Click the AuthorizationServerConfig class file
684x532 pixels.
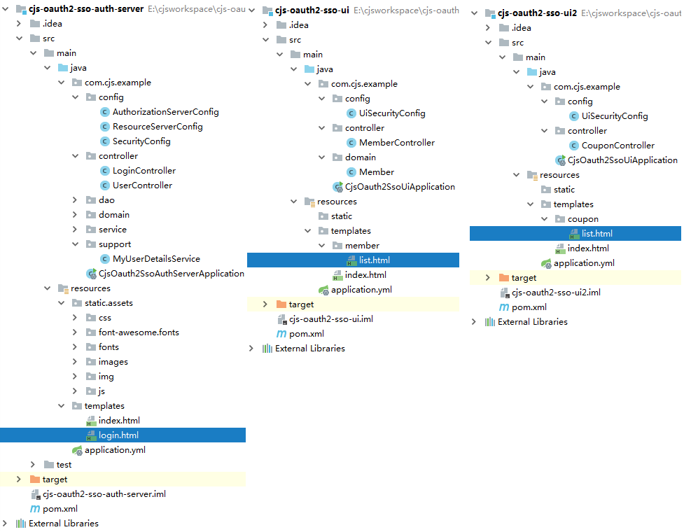[x=165, y=112]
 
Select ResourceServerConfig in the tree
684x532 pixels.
[x=158, y=127]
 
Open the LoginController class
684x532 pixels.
[x=144, y=171]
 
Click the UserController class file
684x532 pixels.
[x=142, y=185]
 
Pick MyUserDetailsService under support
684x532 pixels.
[x=156, y=259]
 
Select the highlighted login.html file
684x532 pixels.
[x=118, y=435]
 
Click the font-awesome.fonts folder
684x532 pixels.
[x=133, y=332]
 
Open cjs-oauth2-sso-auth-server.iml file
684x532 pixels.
[x=104, y=494]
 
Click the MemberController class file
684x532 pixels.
[x=396, y=143]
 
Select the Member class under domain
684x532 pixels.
[x=376, y=172]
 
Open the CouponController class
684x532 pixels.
[x=617, y=146]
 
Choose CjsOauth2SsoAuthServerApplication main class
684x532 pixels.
[x=171, y=274]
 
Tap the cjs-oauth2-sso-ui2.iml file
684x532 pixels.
[x=556, y=293]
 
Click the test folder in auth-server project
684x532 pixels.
[x=64, y=465]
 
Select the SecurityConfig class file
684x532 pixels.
[x=141, y=141]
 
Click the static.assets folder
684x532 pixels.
[x=108, y=303]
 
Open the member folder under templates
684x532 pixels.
[x=362, y=246]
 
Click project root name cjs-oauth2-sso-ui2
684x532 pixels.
[x=536, y=14]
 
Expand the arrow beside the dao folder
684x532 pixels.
[x=75, y=200]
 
